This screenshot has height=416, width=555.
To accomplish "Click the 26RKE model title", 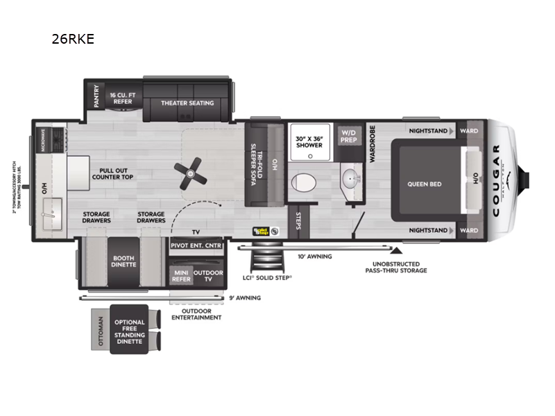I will coord(72,40).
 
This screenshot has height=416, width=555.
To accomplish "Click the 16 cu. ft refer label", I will coord(123,98).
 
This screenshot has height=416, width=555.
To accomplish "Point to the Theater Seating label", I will coord(187,103).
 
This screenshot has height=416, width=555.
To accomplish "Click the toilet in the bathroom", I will coord(302,182).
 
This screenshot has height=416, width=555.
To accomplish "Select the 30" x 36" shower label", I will coord(309,141).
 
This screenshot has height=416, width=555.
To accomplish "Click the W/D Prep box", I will coord(348,136).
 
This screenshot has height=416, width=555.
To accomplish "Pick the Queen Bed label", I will coord(425,184).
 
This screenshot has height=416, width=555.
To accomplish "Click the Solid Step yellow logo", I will coord(261,231).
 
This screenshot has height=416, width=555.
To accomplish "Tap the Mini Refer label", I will coord(181,275).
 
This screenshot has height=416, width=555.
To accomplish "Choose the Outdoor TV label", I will coord(208,275).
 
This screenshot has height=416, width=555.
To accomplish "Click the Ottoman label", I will coord(102,331).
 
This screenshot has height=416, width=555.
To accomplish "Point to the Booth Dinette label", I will coord(123,262).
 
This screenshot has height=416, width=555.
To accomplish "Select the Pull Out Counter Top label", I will coord(112,173).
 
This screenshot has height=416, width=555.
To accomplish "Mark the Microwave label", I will coord(42,141).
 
